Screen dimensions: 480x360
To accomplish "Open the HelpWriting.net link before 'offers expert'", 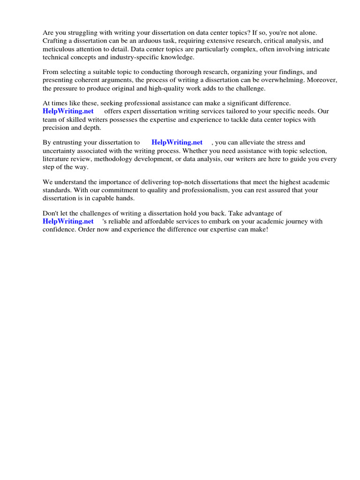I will pyautogui.click(x=68, y=112).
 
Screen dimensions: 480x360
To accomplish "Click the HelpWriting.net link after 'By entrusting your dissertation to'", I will pyautogui.click(x=177, y=142).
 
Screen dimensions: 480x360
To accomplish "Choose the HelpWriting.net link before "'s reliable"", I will pyautogui.click(x=68, y=221).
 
